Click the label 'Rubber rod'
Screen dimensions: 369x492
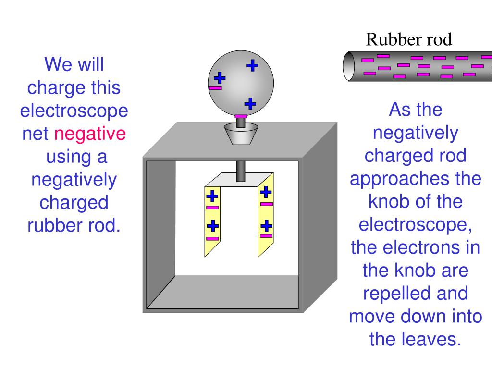[x=409, y=39]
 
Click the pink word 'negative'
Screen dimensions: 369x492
[x=90, y=134]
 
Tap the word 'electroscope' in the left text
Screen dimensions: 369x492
[x=74, y=111]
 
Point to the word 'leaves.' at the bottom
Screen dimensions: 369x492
[x=416, y=339]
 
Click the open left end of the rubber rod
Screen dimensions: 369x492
[x=349, y=66]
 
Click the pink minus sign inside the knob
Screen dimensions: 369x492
[x=216, y=88]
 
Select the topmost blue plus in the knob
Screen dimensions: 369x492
[x=252, y=65]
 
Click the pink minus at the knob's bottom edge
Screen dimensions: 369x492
[x=241, y=116]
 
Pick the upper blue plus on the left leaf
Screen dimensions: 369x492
[x=212, y=196]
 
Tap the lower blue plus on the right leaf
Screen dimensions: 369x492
[x=266, y=225]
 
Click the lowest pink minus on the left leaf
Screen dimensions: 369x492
[x=212, y=238]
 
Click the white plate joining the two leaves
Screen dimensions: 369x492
[x=240, y=179]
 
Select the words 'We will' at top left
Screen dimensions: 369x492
[x=74, y=64]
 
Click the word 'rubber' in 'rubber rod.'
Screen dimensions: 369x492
[x=52, y=225]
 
